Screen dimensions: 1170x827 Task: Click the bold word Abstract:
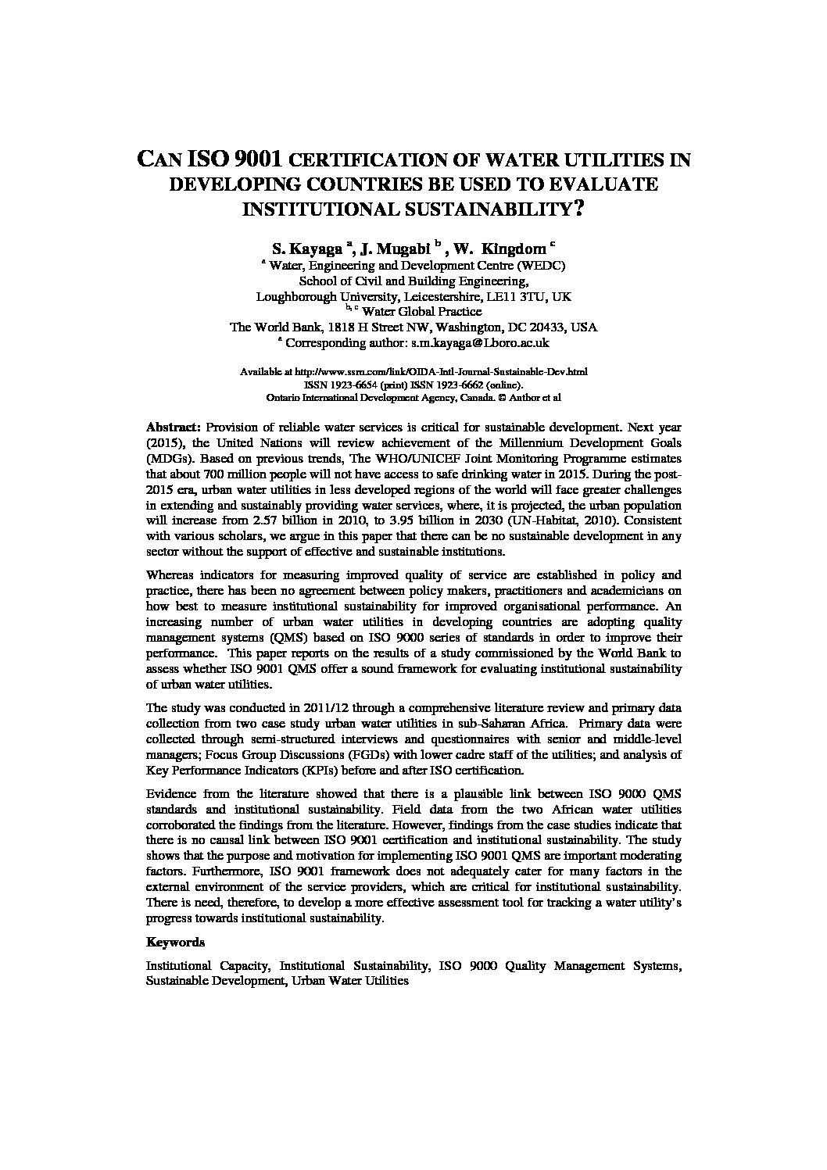[x=174, y=428]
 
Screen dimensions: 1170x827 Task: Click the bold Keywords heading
[x=175, y=943]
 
